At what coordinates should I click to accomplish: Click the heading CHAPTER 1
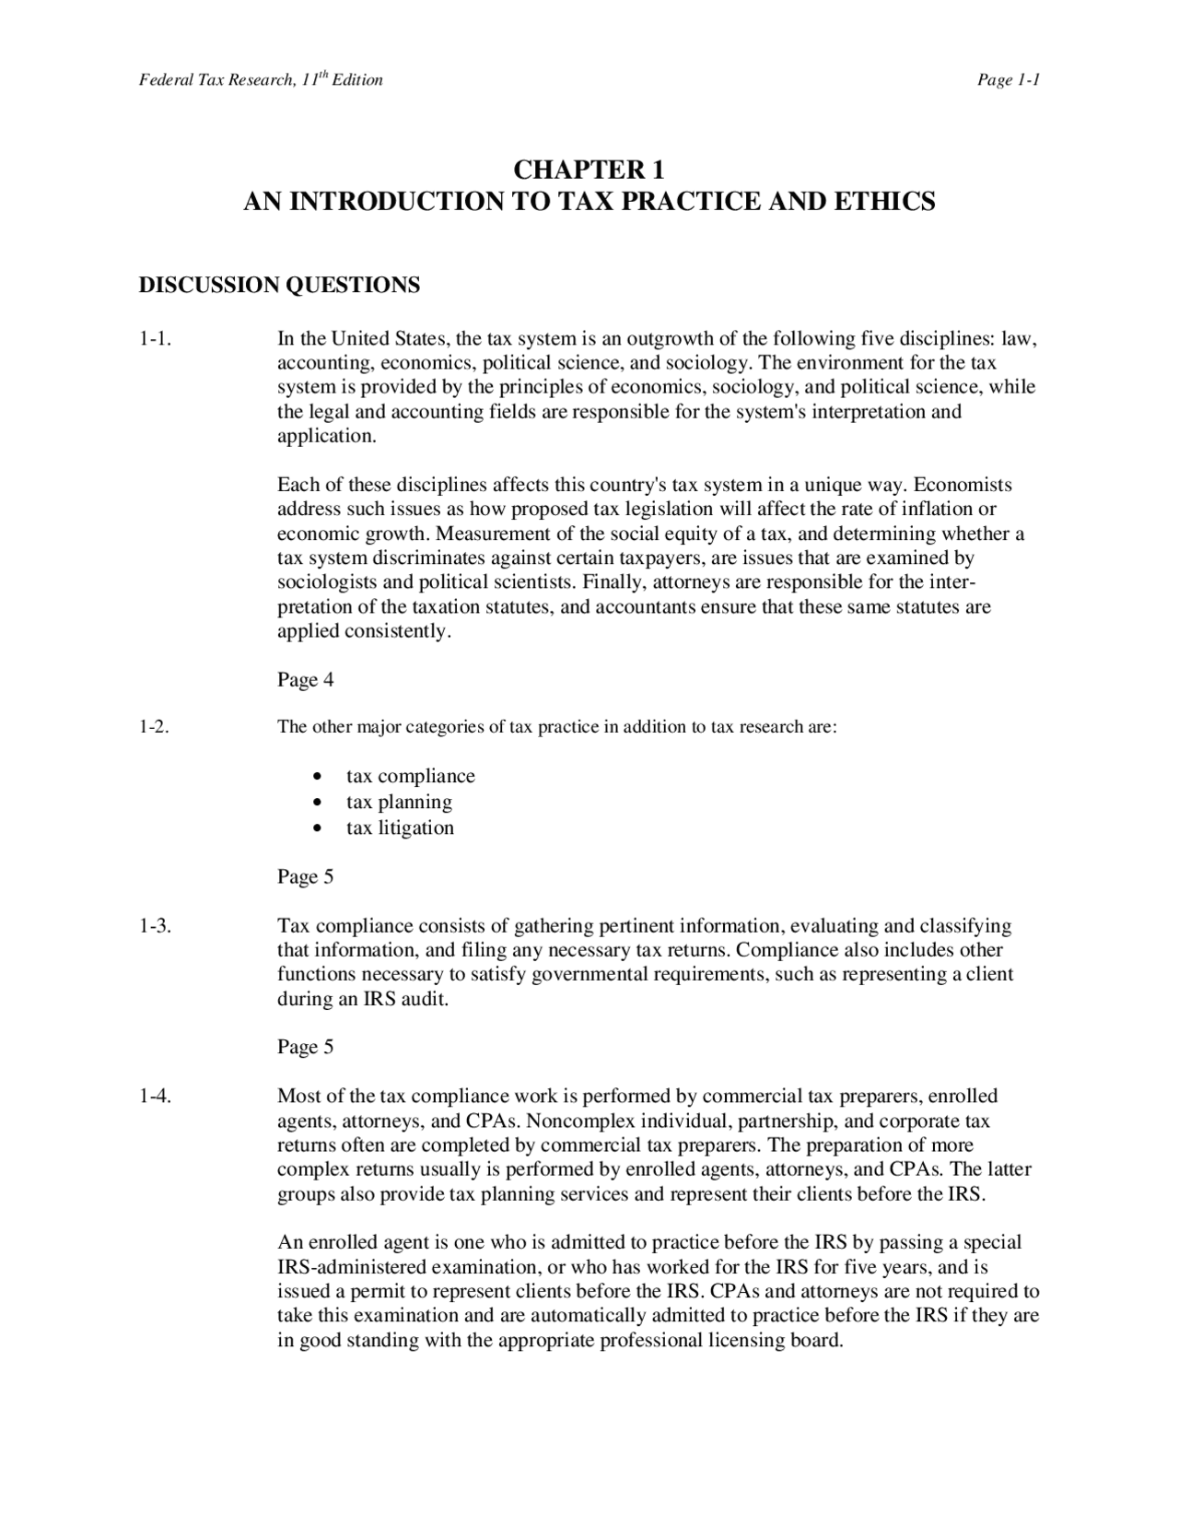click(588, 170)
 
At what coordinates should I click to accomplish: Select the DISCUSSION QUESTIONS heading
click(279, 286)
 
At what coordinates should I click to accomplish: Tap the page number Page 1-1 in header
click(1009, 80)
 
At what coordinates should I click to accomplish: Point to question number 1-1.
click(156, 339)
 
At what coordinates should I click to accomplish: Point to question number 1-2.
click(155, 727)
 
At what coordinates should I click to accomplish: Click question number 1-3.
click(156, 926)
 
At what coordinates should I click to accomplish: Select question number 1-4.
click(156, 1097)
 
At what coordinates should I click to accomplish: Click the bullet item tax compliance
click(411, 777)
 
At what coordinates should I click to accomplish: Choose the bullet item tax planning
click(399, 803)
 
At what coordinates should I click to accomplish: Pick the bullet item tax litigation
click(400, 828)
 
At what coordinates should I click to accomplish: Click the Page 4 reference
click(305, 681)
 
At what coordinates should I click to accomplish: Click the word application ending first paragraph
click(326, 437)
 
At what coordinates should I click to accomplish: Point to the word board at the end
click(817, 1341)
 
